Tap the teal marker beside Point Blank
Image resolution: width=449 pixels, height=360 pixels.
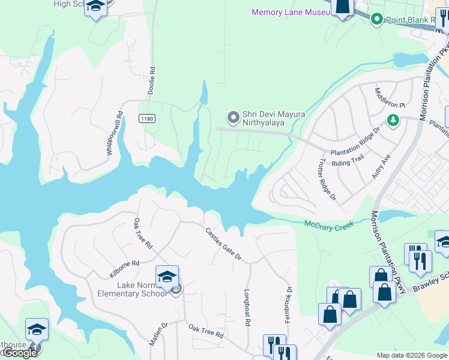(x=377, y=20)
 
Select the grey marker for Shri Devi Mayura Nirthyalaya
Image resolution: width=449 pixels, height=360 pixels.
(x=233, y=116)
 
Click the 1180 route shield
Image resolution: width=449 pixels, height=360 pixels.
(x=146, y=119)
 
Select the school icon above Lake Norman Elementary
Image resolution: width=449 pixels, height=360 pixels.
(x=167, y=277)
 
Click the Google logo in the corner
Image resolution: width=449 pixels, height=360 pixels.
(x=20, y=353)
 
